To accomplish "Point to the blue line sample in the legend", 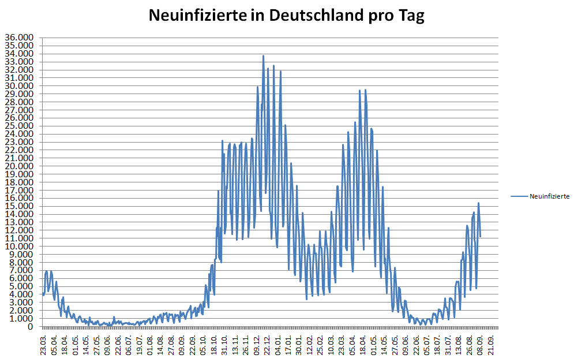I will (x=519, y=197).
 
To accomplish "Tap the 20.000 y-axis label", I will (x=20, y=166).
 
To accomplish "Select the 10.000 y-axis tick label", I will (x=20, y=247).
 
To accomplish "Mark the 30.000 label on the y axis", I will (x=20, y=86).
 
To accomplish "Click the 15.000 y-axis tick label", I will (x=20, y=206).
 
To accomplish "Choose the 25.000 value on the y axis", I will (x=20, y=126).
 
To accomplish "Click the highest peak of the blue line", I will (x=264, y=56).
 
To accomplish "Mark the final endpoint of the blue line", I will (x=480, y=236).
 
